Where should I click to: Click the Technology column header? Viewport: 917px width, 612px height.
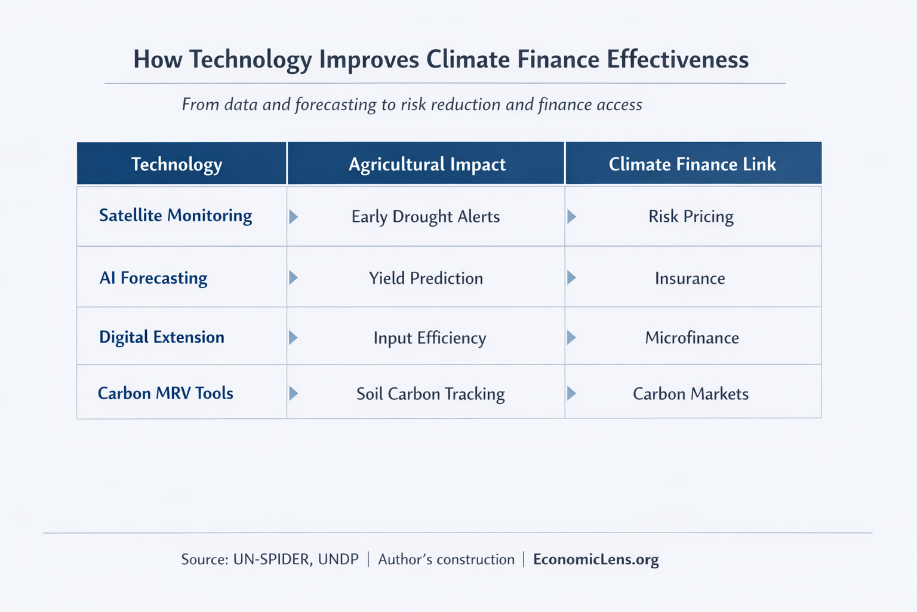click(177, 164)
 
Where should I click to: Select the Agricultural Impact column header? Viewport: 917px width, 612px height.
click(427, 164)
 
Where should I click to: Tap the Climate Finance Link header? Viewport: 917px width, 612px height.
click(692, 164)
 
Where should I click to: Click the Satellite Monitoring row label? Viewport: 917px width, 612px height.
click(176, 216)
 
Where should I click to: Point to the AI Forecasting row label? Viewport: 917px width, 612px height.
click(153, 278)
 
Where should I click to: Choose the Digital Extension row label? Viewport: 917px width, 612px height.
click(162, 337)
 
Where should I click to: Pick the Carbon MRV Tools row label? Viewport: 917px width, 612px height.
click(165, 393)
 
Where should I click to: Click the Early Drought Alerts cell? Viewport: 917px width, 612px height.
click(425, 216)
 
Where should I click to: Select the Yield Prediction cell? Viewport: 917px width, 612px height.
click(426, 278)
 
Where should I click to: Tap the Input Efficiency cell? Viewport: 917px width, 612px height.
click(429, 338)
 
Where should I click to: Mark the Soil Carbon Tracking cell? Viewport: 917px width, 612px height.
click(430, 394)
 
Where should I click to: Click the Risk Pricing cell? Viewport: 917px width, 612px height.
click(691, 216)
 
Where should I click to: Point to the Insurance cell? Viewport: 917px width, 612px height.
click(690, 278)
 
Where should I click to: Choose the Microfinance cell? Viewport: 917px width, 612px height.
click(691, 338)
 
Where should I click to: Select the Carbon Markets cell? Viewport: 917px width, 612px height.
click(690, 394)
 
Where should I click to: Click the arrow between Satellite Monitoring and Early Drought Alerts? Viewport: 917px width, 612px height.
click(293, 216)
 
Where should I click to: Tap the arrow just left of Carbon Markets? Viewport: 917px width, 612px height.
click(571, 393)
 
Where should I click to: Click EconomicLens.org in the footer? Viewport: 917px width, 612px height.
click(596, 559)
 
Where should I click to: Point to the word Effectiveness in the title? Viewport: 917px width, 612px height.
click(678, 60)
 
